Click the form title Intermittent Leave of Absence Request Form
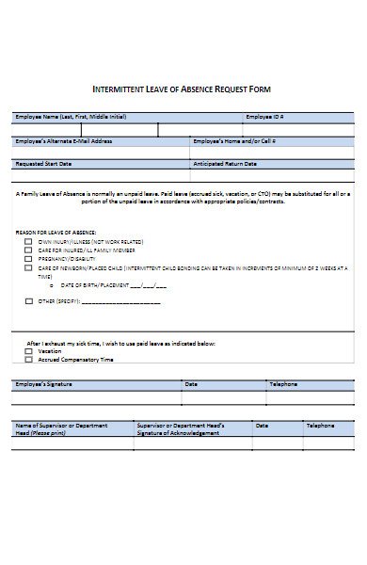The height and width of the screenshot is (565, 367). click(183, 89)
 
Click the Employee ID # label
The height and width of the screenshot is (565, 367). click(264, 117)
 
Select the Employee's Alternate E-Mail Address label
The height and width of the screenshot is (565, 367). click(64, 140)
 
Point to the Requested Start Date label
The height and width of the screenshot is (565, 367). click(43, 163)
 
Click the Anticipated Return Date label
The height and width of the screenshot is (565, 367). click(226, 163)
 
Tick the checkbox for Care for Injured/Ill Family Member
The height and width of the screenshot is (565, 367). click(28, 250)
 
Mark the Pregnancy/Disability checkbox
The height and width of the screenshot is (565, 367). click(28, 259)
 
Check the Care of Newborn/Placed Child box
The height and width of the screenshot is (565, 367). click(28, 267)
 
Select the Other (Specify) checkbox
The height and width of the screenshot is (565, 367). click(28, 301)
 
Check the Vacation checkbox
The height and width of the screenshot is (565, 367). click(28, 350)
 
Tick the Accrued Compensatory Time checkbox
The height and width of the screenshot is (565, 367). click(28, 359)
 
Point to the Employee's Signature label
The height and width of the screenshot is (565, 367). click(43, 384)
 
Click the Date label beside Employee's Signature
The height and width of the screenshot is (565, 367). click(191, 384)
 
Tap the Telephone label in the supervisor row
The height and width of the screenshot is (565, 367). click(320, 425)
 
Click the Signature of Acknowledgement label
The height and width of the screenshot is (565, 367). click(180, 432)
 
